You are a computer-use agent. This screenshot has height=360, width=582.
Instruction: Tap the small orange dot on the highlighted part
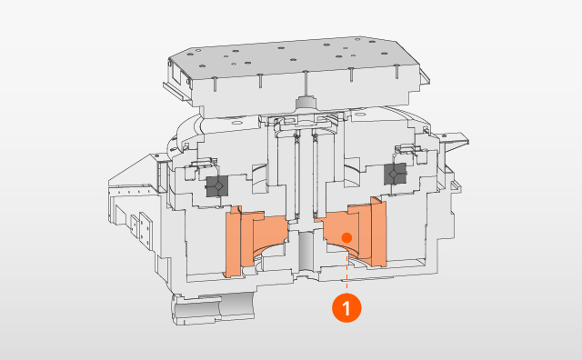click(346, 237)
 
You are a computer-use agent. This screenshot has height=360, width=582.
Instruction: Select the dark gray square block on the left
click(216, 185)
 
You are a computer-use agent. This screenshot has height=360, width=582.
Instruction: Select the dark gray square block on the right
click(394, 174)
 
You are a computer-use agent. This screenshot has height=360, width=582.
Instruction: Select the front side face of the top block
click(246, 95)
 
